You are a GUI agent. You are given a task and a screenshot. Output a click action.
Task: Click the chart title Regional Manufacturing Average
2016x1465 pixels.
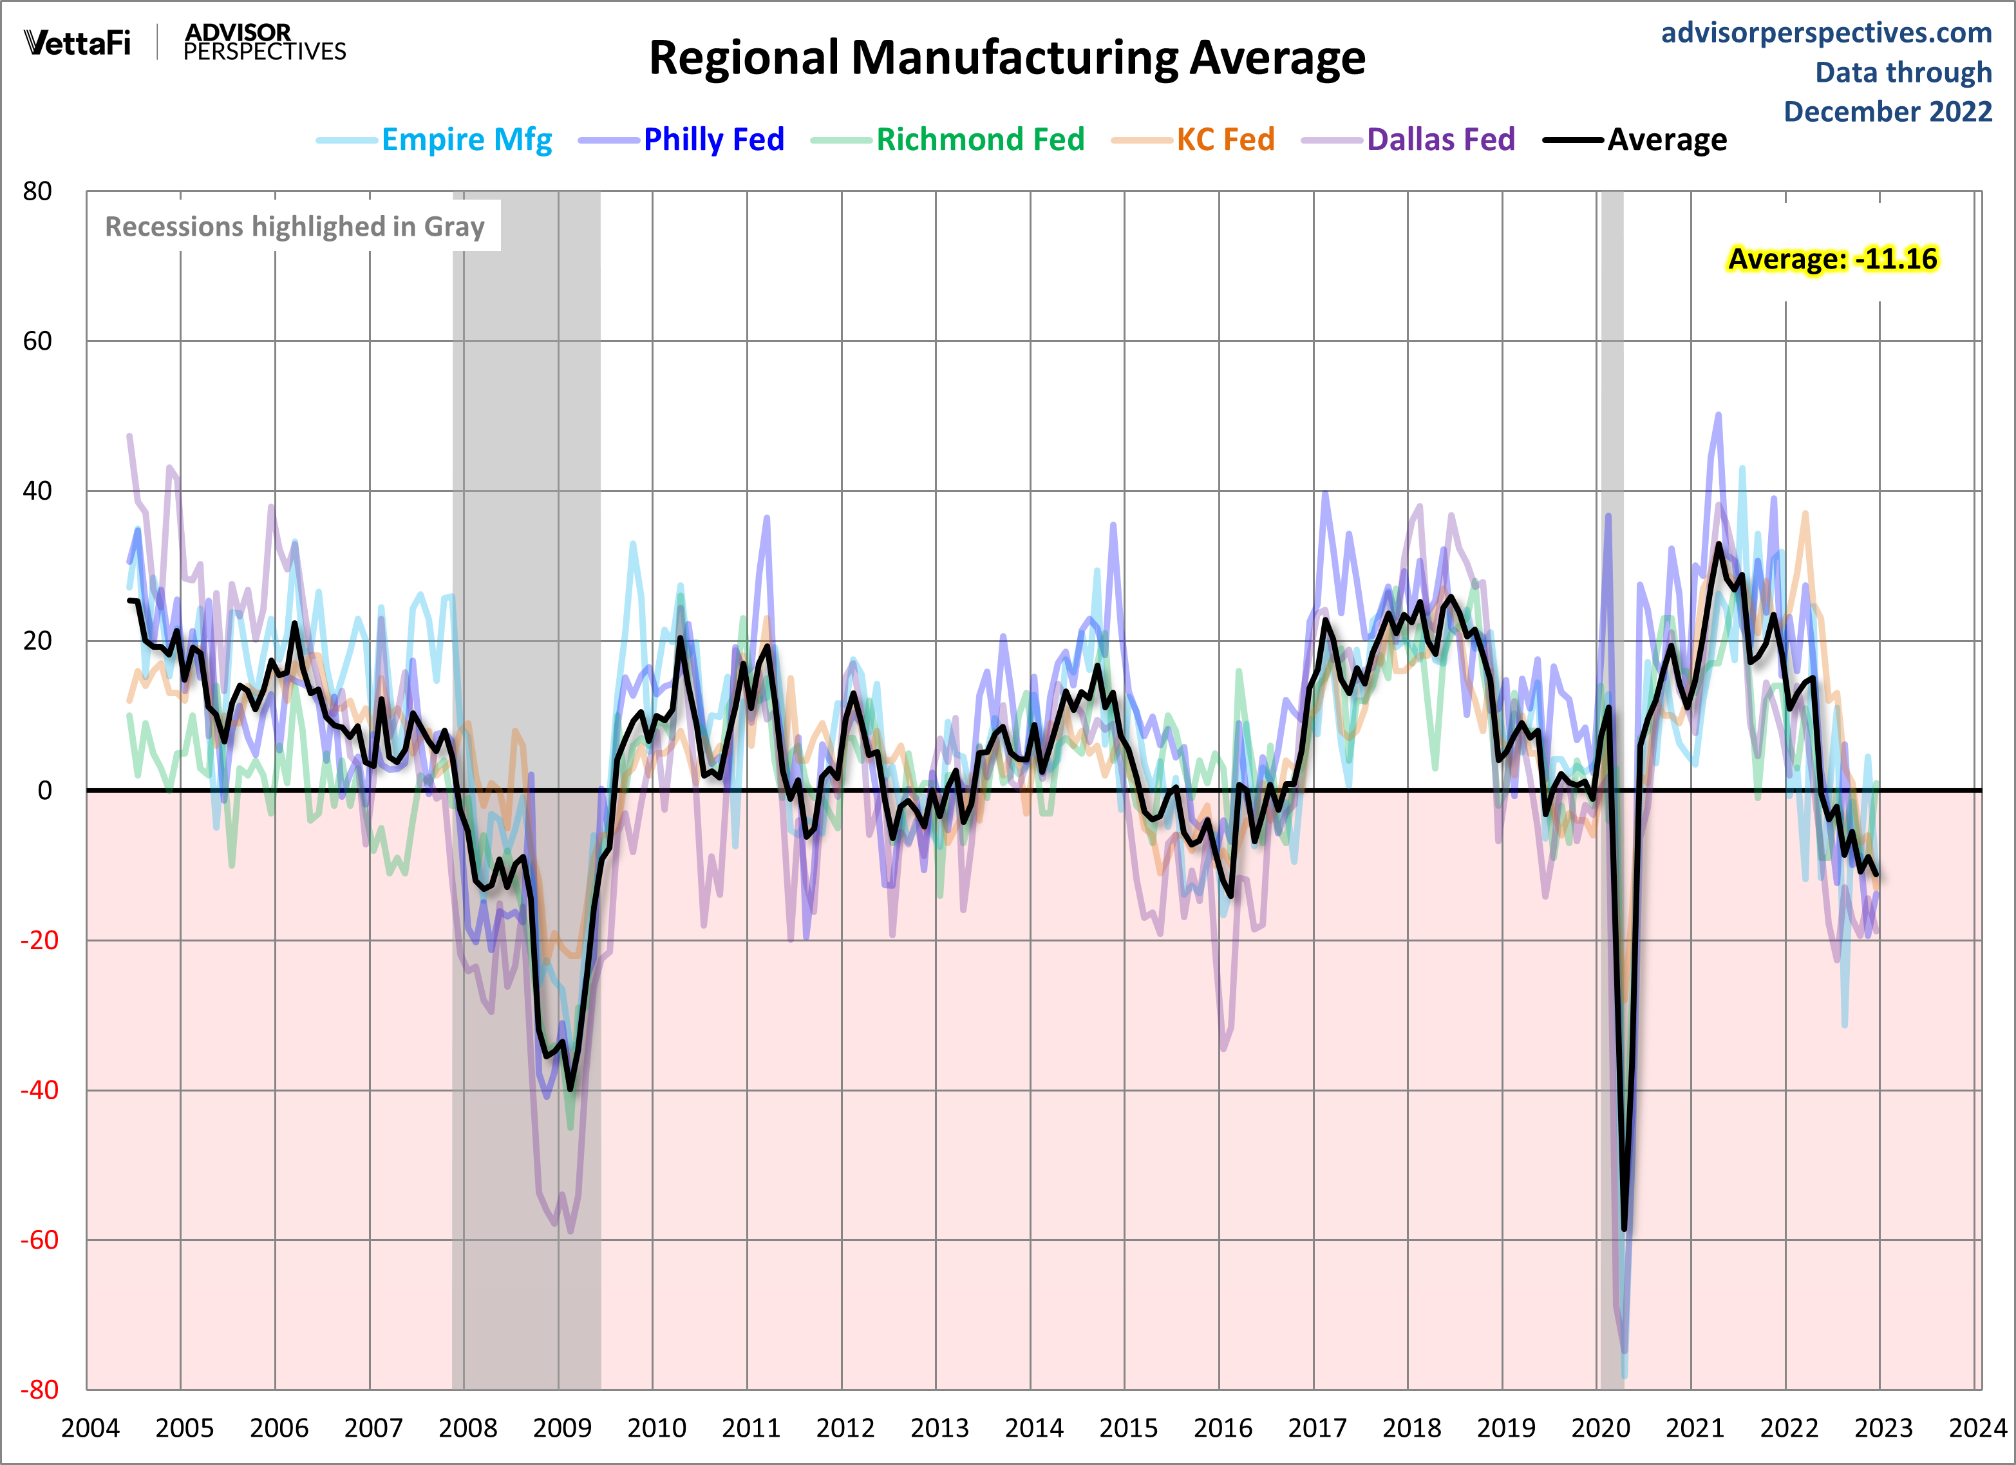pyautogui.click(x=1006, y=59)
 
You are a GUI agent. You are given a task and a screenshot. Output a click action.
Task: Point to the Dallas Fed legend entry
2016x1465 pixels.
pyautogui.click(x=1440, y=140)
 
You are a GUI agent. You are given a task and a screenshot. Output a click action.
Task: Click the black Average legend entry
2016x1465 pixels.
pyautogui.click(x=1666, y=140)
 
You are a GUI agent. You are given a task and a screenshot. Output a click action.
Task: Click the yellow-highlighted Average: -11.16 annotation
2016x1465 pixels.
pyautogui.click(x=1832, y=259)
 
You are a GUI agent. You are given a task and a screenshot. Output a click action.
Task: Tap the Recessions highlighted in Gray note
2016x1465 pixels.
pyautogui.click(x=294, y=227)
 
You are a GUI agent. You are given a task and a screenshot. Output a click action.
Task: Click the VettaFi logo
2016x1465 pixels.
pyautogui.click(x=77, y=43)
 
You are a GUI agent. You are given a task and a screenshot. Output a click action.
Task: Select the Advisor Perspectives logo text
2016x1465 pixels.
pyautogui.click(x=264, y=43)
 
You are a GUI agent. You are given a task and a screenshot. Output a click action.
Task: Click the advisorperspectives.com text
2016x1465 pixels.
pyautogui.click(x=1826, y=33)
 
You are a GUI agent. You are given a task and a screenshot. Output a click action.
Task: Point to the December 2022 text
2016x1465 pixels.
pyautogui.click(x=1887, y=112)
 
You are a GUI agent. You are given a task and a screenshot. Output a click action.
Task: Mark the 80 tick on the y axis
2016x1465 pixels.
pyautogui.click(x=37, y=191)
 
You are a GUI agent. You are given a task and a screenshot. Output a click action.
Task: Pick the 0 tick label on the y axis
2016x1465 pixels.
pyautogui.click(x=44, y=790)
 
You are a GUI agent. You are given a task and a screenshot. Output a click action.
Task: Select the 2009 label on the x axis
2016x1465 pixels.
pyautogui.click(x=561, y=1428)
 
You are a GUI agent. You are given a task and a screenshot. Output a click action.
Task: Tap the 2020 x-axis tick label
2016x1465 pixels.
pyautogui.click(x=1600, y=1428)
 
